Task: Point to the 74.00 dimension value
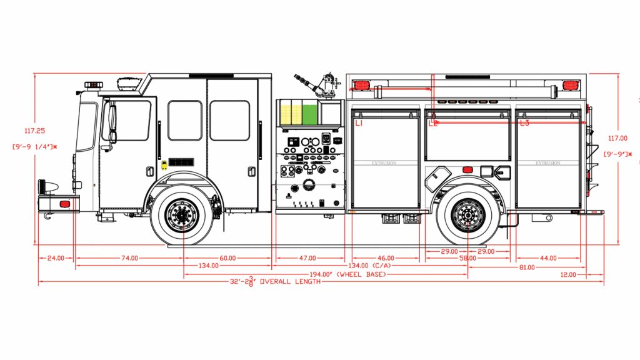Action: [x=129, y=258]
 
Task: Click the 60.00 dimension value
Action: [x=227, y=258]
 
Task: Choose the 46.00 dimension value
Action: [x=386, y=258]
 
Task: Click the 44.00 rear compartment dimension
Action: [x=548, y=258]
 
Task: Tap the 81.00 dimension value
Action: [x=527, y=267]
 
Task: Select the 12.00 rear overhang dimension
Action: [x=568, y=275]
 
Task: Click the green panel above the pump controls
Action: [x=309, y=114]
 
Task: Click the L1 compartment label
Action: [x=359, y=124]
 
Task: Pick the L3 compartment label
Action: [x=524, y=124]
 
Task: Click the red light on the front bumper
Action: [x=64, y=204]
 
